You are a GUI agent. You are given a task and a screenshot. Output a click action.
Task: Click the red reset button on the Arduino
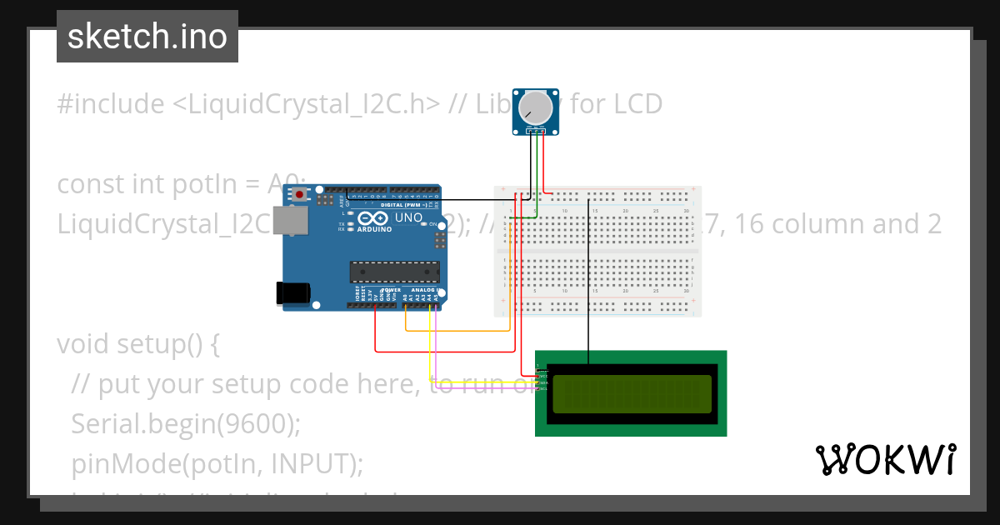(x=298, y=194)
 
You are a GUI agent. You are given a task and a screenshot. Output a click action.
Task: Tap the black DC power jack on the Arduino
(x=293, y=292)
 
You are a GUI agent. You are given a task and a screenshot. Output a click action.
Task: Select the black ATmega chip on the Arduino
(x=394, y=272)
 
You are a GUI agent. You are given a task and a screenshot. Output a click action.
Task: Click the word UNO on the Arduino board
(x=408, y=217)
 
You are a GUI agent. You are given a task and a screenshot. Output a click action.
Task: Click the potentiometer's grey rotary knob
(x=535, y=107)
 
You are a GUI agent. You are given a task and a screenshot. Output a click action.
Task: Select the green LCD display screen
(x=632, y=394)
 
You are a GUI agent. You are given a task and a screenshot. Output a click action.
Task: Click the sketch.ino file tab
(x=147, y=37)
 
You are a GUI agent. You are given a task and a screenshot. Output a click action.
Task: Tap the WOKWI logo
(x=886, y=459)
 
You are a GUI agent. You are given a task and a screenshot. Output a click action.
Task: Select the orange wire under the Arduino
(x=458, y=331)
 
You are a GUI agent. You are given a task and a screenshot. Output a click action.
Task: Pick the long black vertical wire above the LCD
(x=589, y=283)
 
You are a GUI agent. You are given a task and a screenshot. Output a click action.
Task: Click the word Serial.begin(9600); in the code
(x=185, y=423)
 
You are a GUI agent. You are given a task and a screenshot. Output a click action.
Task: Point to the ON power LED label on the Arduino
(x=433, y=224)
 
